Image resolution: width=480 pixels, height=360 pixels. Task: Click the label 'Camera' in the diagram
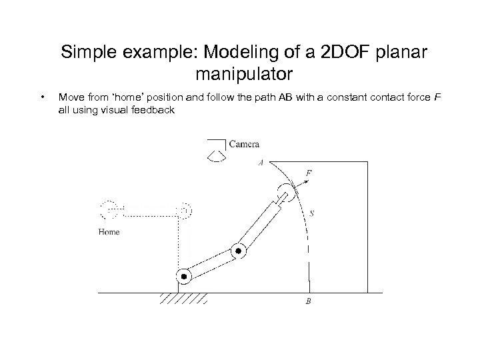pos(243,143)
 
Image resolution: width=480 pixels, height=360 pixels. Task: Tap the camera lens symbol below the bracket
pos(215,155)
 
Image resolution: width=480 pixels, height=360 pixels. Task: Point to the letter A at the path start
pos(260,162)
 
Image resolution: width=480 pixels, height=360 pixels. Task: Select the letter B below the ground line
pos(308,301)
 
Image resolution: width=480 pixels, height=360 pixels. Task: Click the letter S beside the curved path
pos(312,213)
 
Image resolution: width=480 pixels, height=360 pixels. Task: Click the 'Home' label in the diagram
pos(109,232)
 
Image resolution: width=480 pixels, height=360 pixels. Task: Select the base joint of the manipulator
pos(183,275)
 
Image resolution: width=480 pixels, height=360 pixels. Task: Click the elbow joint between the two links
pos(239,251)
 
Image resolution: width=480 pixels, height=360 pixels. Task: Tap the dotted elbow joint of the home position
pos(184,211)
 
